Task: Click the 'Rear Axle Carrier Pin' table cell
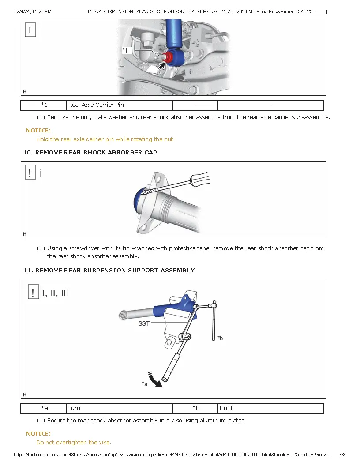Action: click(119, 105)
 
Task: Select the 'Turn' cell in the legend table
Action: click(119, 408)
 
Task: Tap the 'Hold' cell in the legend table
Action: click(270, 408)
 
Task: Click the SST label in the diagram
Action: click(144, 323)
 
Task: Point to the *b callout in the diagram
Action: click(220, 338)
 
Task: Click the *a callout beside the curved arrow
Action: click(145, 384)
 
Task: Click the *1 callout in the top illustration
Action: click(125, 51)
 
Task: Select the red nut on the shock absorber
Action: click(167, 57)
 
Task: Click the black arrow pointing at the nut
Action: click(162, 66)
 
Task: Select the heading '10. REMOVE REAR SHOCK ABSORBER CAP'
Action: click(90, 153)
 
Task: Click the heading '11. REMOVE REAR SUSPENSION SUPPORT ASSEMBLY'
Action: click(109, 270)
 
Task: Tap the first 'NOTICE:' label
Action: click(38, 131)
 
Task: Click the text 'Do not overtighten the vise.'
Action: click(74, 442)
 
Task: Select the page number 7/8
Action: click(342, 455)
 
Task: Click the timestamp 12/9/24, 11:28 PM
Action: click(33, 11)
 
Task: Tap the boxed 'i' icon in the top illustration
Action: click(30, 30)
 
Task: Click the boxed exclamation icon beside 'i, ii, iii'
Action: click(33, 292)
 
